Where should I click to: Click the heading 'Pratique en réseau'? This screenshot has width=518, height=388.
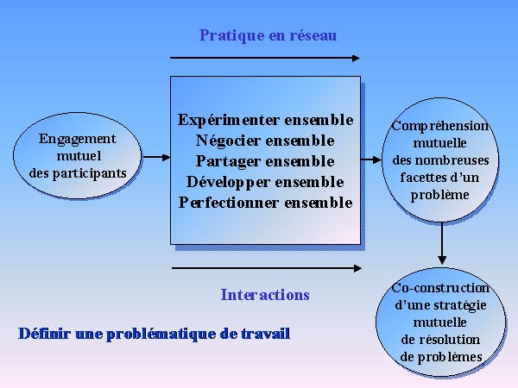coord(268,35)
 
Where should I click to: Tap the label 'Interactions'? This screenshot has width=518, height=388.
coord(265,295)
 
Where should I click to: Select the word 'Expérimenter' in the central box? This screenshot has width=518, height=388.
coord(228,121)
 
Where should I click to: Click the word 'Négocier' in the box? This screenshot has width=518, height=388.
coord(228,141)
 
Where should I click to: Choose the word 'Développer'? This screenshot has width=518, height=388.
coord(228,183)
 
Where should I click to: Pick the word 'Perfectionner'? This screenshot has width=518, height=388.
coord(228,203)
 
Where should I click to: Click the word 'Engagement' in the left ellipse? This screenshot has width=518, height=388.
coord(78,139)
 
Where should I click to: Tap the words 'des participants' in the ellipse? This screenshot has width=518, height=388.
coord(78,173)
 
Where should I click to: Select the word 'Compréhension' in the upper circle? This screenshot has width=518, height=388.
coord(440,127)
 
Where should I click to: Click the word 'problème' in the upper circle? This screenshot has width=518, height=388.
coord(440,195)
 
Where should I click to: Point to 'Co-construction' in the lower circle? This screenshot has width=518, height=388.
coord(440,288)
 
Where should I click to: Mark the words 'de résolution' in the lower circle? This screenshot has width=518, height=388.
coord(440,340)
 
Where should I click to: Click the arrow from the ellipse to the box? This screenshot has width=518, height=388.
coord(156,158)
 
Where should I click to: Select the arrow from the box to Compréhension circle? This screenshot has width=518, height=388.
coord(371,160)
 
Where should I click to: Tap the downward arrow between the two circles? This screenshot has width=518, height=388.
coord(442,243)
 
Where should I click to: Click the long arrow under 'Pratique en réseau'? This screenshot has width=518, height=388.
coord(265,58)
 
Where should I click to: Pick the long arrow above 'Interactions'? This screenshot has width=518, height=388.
coord(267,268)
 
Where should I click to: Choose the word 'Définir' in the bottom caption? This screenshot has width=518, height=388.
coord(45,334)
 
